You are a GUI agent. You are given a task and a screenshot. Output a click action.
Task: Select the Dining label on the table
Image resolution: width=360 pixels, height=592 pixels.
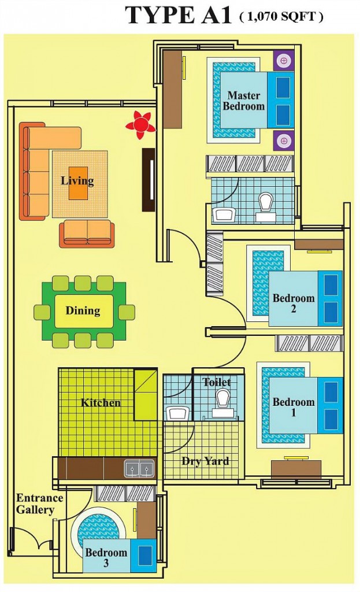pyautogui.click(x=83, y=311)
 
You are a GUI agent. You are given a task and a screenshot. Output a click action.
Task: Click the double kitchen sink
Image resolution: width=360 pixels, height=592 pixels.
pyautogui.click(x=139, y=468)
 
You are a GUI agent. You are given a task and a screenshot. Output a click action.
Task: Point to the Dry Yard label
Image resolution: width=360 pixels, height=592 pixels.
pyautogui.click(x=205, y=461)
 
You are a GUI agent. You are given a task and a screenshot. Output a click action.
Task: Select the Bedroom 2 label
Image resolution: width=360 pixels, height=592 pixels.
pyautogui.click(x=294, y=304)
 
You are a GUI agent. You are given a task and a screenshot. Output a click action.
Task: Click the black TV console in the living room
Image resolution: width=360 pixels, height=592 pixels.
pyautogui.click(x=149, y=180)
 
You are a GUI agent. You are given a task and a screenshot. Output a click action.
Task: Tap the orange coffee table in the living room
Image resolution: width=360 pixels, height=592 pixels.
pyautogui.click(x=78, y=183)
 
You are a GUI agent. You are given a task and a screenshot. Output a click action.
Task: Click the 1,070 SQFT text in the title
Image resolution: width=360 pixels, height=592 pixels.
pyautogui.click(x=281, y=17)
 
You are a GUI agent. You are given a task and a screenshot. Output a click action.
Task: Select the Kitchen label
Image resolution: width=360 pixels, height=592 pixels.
pyautogui.click(x=101, y=402)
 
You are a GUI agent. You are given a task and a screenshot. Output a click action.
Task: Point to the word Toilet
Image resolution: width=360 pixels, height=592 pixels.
pyautogui.click(x=217, y=382)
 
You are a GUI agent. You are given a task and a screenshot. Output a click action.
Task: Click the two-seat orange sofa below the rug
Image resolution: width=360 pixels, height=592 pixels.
pyautogui.click(x=87, y=233)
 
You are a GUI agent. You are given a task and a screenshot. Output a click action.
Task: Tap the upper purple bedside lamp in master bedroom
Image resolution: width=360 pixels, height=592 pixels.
pyautogui.click(x=283, y=60)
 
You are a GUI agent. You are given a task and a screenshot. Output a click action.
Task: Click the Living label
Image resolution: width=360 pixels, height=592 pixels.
pyautogui.click(x=77, y=180)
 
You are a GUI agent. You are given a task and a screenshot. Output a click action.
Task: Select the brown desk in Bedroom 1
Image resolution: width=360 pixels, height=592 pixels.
pyautogui.click(x=296, y=469)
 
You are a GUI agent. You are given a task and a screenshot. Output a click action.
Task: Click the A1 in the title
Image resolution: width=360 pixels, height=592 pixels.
pyautogui.click(x=214, y=16)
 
